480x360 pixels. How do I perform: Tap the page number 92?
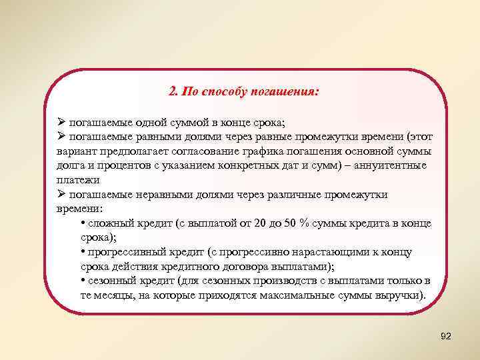click(x=446, y=337)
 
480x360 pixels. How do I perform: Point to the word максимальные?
click(x=293, y=295)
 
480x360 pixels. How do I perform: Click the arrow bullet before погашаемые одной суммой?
click(x=61, y=122)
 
